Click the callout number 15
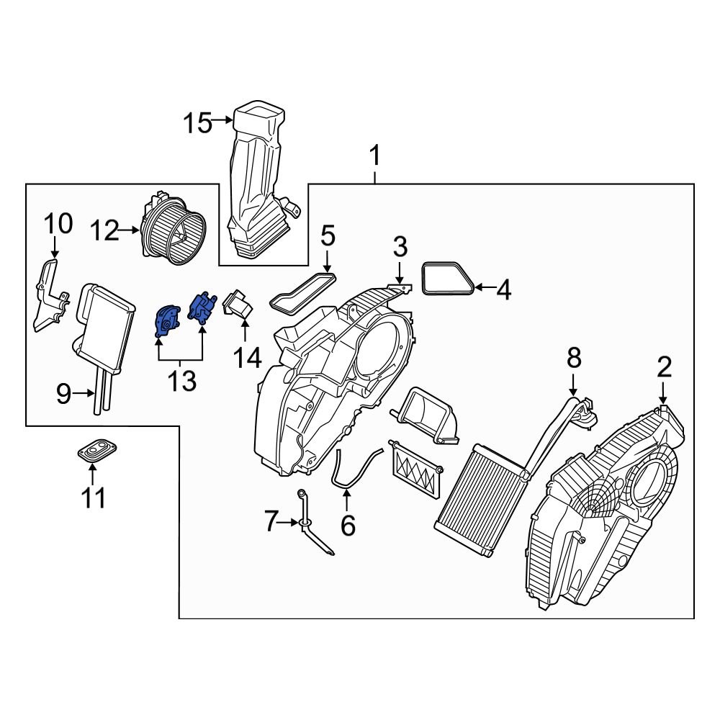[196, 123]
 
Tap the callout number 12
[105, 230]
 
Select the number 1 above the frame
[374, 155]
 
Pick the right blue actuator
[202, 307]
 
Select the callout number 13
[181, 381]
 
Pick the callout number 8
[573, 356]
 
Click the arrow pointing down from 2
[663, 395]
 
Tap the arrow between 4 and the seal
[483, 289]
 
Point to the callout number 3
[400, 246]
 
